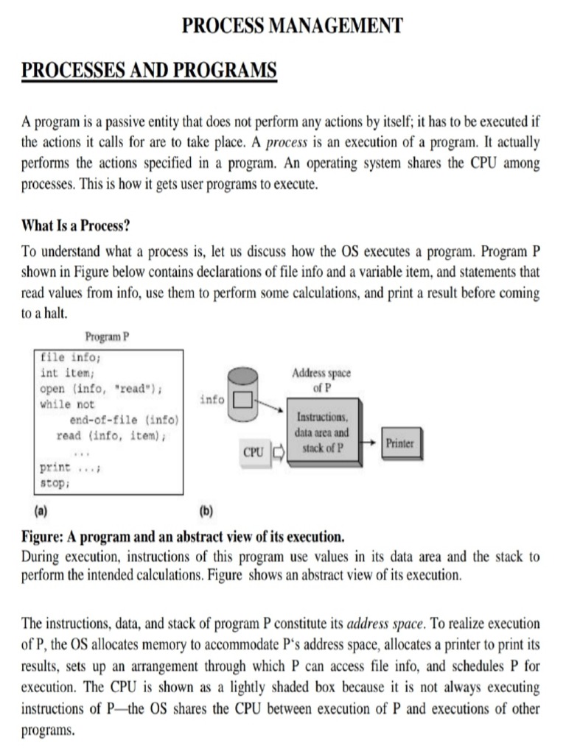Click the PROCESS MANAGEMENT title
pos(293,26)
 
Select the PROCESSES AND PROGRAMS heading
pos(150,71)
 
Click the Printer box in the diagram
pos(400,444)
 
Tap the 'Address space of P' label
pos(321,379)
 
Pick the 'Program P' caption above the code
pos(107,337)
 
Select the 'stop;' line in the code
pos(55,485)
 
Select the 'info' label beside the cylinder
pos(212,400)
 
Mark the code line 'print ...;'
pos(73,469)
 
